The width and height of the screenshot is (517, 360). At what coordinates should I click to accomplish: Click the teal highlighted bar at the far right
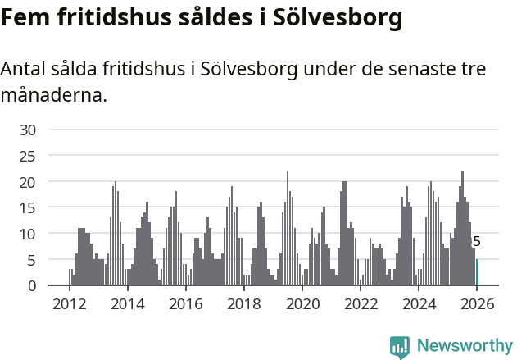coord(477,272)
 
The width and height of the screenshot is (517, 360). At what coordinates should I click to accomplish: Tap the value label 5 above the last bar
coord(477,242)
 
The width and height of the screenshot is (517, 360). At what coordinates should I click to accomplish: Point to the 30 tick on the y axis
coord(28,130)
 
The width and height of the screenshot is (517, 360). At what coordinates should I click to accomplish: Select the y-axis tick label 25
coord(28,156)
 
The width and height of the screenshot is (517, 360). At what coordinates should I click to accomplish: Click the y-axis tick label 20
coord(28,181)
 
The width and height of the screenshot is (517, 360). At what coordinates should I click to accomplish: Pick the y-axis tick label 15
coord(28,207)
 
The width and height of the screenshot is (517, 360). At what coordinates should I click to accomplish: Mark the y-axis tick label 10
coord(28,234)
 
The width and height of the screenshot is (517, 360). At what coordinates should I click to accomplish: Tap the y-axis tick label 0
coord(32,285)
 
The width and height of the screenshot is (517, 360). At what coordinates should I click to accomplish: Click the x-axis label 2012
coord(69,304)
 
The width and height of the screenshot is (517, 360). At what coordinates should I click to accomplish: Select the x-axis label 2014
coord(127,304)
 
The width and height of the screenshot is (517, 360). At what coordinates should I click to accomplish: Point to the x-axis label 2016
coord(185,304)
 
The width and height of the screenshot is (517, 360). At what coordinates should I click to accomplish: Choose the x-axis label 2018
coord(243,304)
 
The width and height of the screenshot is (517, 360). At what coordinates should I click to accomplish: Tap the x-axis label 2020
coord(302,304)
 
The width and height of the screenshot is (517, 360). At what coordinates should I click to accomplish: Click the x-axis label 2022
coord(361,304)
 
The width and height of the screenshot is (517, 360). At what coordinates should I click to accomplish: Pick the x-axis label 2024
coord(419,304)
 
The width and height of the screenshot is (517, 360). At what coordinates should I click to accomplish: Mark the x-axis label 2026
coord(477,304)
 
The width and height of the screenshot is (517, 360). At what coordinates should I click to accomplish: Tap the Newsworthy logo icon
coord(400,347)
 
